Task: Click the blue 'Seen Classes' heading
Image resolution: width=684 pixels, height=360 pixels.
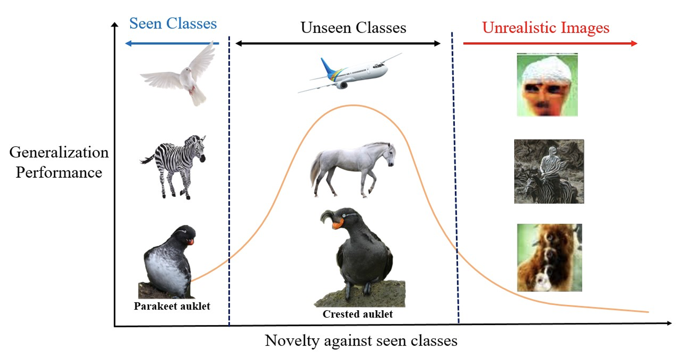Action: [173, 23]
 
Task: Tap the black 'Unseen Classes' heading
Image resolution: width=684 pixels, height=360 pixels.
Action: [353, 28]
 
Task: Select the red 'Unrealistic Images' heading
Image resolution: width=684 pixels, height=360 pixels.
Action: [545, 28]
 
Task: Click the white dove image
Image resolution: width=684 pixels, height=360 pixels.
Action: [178, 74]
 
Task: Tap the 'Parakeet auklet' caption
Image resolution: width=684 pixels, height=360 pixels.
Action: [172, 306]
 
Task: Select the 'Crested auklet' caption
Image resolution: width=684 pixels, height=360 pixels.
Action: [358, 314]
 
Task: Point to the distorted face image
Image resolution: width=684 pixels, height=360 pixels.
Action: [547, 85]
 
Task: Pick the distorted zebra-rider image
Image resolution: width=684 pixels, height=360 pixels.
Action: [549, 172]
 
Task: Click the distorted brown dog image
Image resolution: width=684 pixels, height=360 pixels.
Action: [549, 258]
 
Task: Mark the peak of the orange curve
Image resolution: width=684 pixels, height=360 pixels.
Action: [354, 105]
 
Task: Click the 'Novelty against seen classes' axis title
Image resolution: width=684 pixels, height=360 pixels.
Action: [361, 341]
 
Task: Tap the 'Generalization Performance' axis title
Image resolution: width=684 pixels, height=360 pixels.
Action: [59, 162]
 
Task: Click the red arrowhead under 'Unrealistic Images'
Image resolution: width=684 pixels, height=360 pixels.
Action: [634, 44]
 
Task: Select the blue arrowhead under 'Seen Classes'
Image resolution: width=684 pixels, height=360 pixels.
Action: [128, 44]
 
